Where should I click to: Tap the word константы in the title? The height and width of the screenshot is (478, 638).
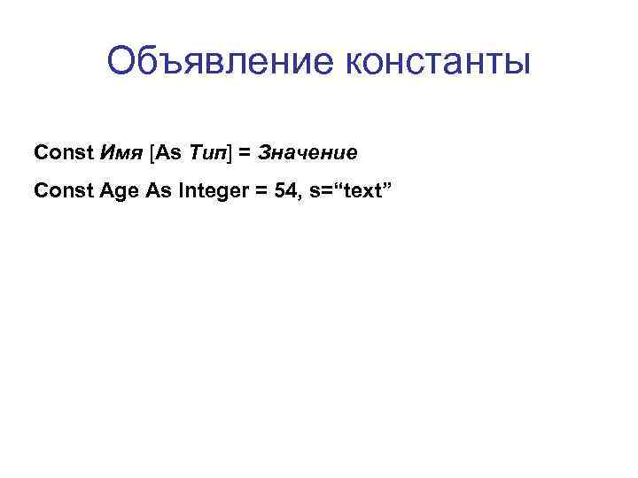[x=433, y=63]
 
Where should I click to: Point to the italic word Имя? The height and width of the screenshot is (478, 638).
[x=119, y=153]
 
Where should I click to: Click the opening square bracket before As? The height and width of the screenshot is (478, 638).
[x=154, y=153]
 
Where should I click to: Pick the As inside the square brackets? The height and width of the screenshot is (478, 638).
[x=170, y=153]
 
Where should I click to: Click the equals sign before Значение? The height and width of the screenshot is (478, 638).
[x=243, y=153]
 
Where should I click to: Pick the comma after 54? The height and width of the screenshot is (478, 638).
[x=299, y=194]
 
